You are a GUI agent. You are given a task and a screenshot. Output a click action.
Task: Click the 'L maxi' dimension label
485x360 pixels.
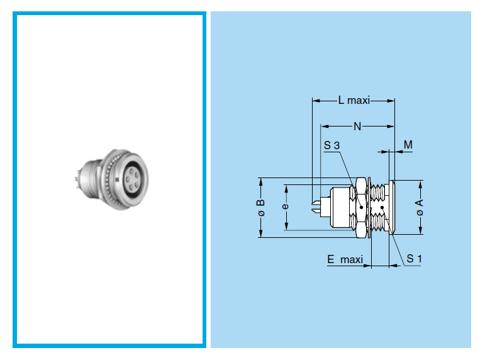354,100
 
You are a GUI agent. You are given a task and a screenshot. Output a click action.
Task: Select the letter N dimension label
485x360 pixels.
357,127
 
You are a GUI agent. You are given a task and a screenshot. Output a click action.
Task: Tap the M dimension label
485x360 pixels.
408,145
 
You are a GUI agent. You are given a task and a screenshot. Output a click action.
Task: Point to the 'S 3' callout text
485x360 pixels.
332,146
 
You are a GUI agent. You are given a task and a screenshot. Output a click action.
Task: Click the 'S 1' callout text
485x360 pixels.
414,258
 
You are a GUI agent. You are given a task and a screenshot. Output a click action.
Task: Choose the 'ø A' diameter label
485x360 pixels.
420,208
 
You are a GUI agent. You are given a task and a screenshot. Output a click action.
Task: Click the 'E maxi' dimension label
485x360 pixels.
345,259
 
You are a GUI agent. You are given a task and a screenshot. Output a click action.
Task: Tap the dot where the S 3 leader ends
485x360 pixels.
361,206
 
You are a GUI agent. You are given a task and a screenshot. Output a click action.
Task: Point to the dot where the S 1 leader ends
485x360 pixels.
382,208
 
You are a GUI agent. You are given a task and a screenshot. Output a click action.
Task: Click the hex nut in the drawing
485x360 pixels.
361,208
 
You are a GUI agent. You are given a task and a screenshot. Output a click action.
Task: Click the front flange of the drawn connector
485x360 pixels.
391,208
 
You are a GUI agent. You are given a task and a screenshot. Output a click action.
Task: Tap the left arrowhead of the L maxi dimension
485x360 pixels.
315,100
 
